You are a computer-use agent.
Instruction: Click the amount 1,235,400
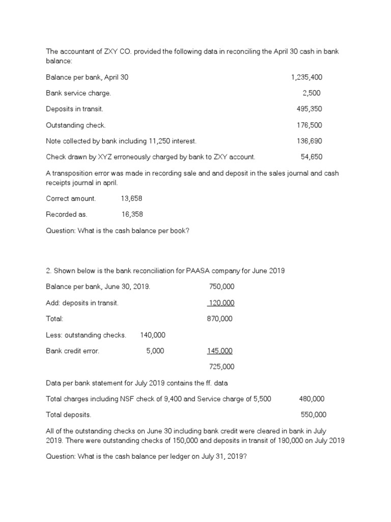306,77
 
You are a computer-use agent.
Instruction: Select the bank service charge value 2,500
311,93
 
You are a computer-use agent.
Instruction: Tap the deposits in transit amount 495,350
309,109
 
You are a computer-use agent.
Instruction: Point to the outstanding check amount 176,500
309,125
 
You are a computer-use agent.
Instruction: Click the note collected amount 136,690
309,141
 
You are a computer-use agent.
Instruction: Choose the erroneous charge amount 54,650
311,156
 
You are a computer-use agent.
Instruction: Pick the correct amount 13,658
131,198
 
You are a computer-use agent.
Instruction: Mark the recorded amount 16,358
132,215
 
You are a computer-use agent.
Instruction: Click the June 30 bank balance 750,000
222,286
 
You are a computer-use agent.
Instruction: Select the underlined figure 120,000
221,303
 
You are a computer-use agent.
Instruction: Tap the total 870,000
220,319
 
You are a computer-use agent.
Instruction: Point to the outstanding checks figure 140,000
152,335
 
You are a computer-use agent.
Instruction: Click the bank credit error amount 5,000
155,351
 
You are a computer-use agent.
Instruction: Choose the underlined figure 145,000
219,351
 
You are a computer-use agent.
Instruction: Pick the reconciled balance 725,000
222,367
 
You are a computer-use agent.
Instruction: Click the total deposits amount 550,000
314,414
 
